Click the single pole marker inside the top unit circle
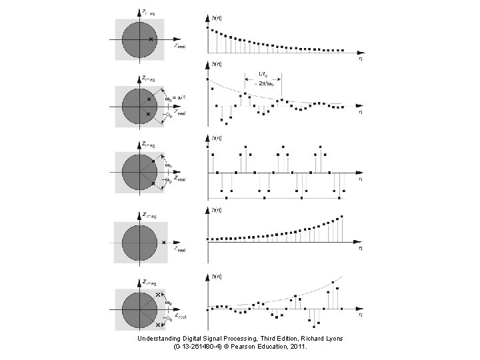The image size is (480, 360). click(151, 39)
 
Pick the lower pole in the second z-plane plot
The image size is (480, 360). click(148, 114)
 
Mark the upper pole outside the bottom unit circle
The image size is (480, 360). click(158, 294)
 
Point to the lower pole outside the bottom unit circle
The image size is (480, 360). click(158, 325)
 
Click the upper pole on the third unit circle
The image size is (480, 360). click(153, 161)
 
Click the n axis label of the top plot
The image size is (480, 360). click(361, 58)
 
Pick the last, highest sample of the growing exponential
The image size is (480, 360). click(343, 216)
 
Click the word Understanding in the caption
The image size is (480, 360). click(159, 338)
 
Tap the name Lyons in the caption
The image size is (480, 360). click(331, 338)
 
